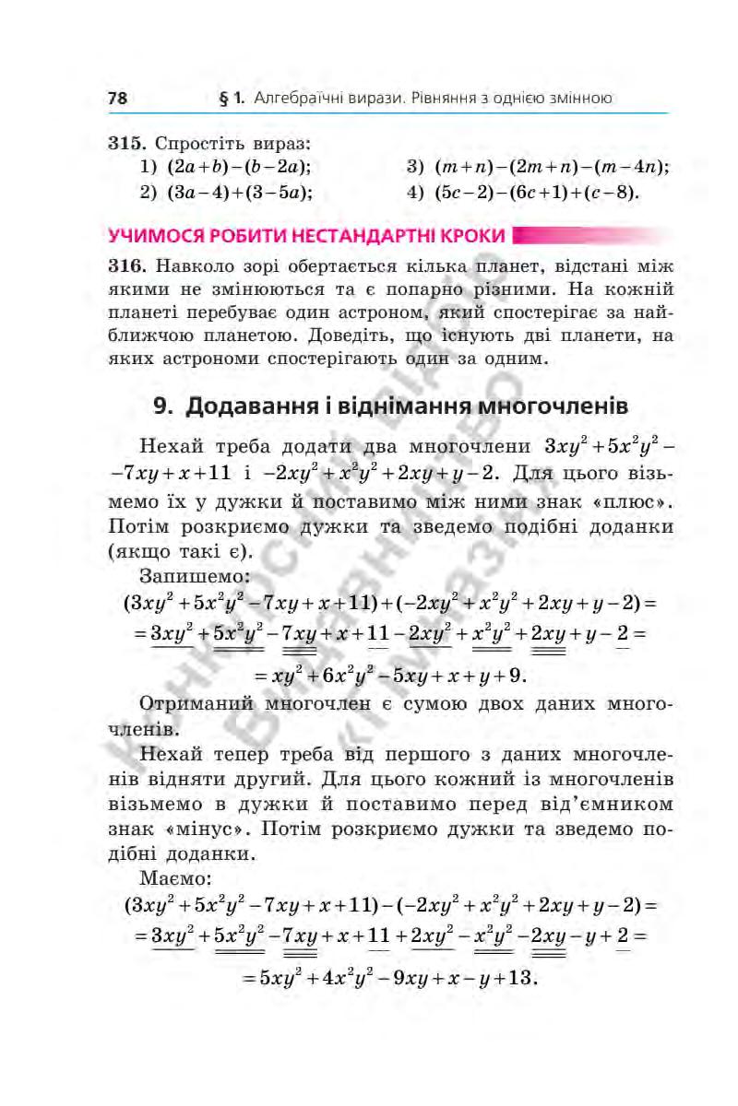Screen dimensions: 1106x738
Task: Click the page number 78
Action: coord(117,97)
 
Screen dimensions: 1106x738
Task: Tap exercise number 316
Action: coord(127,266)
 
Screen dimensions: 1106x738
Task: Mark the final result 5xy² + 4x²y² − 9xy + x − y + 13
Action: coord(388,976)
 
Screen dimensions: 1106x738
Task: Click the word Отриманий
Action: coord(192,706)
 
